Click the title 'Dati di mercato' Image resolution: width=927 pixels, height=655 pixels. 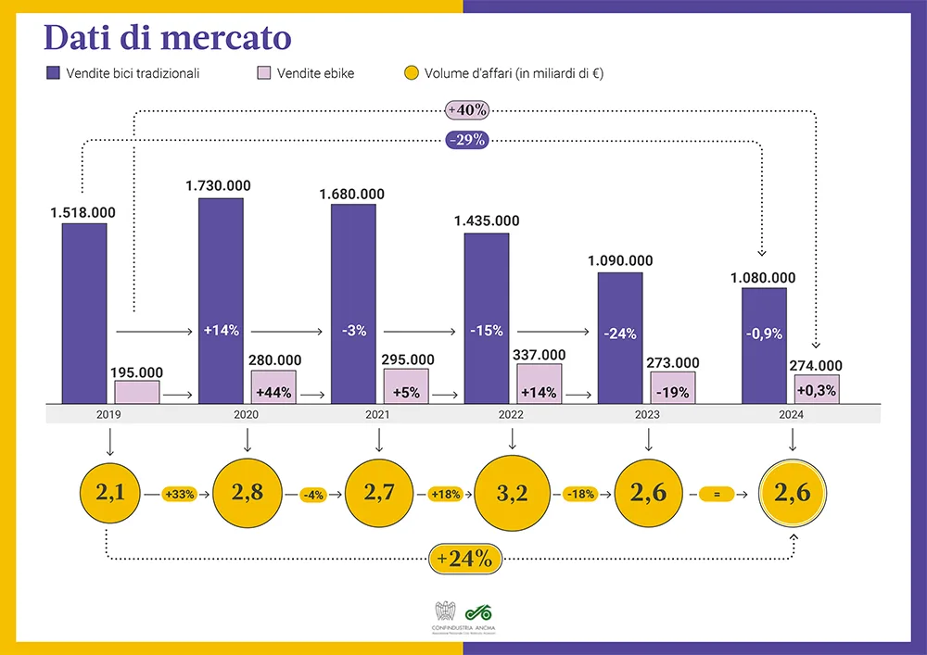click(168, 38)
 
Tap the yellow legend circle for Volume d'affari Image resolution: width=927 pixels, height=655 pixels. click(412, 73)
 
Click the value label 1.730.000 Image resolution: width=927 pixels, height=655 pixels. click(218, 186)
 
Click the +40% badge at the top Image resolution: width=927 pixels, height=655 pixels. click(467, 109)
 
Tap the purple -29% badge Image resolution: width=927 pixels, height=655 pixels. click(467, 141)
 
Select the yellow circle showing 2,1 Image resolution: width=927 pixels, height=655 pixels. click(110, 494)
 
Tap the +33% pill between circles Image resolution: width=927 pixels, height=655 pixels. click(179, 495)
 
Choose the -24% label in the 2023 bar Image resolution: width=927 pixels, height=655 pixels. click(619, 334)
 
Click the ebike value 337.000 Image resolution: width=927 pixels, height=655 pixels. click(540, 355)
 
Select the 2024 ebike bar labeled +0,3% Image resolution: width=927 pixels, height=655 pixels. click(817, 390)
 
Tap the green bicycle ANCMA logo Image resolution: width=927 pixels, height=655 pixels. click(478, 611)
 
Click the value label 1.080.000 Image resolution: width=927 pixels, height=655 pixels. click(763, 277)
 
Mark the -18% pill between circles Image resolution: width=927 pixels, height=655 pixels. click(578, 495)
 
